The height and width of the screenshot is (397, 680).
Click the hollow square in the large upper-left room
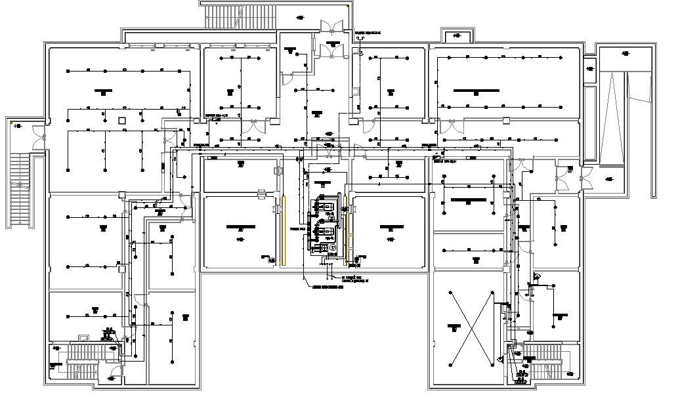click(x=121, y=120)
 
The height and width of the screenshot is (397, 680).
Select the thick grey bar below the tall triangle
click(x=612, y=165)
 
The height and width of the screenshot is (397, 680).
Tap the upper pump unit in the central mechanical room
click(x=324, y=205)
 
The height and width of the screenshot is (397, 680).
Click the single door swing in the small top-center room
click(x=287, y=79)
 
